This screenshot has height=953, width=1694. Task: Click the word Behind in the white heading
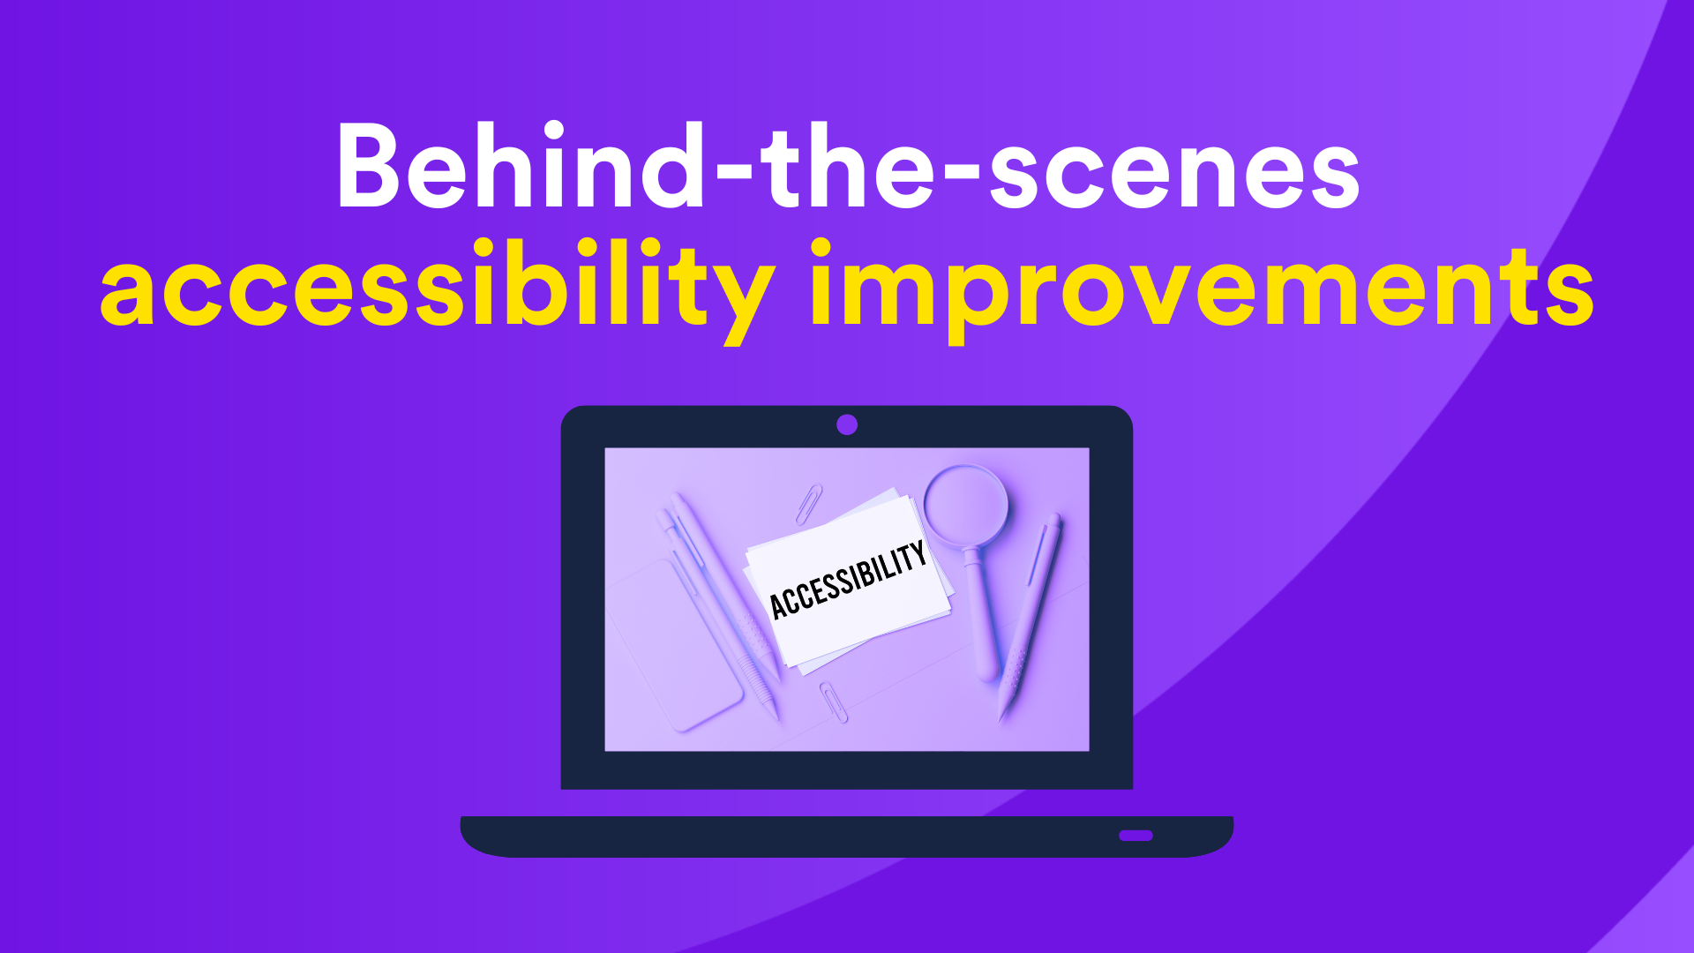[521, 165]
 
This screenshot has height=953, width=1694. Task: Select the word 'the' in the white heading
[847, 165]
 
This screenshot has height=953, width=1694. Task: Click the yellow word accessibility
[438, 287]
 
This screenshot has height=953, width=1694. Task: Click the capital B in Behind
[370, 166]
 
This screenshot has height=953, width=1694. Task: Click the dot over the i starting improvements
[821, 248]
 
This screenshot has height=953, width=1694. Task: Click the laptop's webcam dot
[847, 424]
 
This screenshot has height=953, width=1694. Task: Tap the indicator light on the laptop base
[1136, 835]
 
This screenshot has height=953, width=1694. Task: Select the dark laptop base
[847, 837]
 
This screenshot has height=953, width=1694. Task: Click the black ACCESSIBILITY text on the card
[848, 580]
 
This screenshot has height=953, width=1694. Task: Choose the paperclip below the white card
[833, 702]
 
